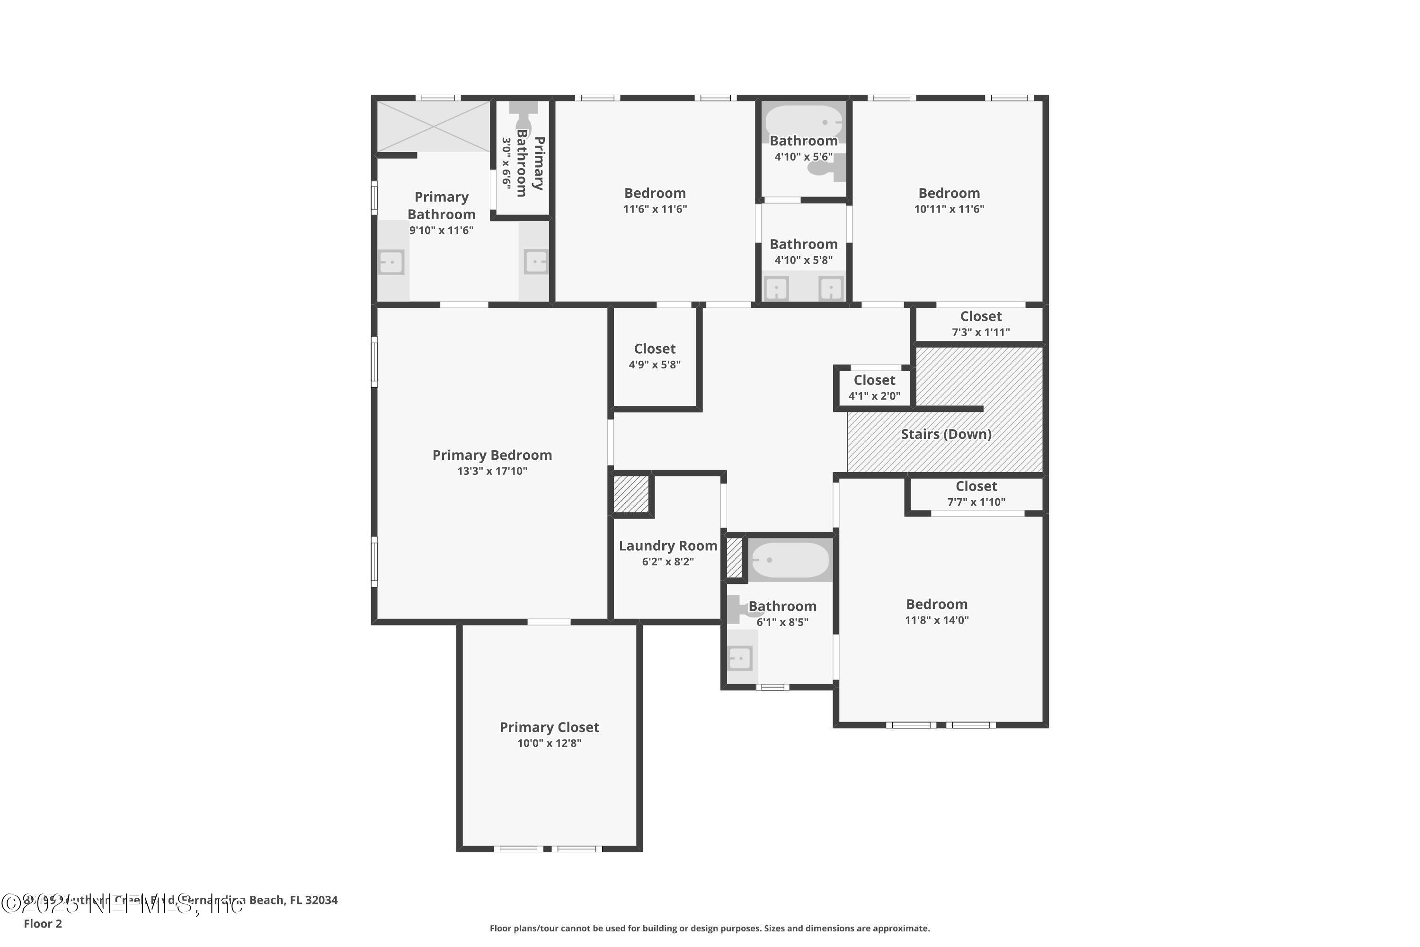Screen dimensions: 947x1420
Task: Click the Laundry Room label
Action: coord(668,546)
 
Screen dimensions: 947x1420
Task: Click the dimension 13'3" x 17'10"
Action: coord(492,471)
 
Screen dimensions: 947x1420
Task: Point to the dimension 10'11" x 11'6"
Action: coord(949,209)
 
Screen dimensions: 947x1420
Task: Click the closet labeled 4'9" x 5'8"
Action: coord(655,357)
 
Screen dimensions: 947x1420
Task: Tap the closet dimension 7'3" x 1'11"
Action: coord(980,332)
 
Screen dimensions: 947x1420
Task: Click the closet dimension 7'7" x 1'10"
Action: coord(976,502)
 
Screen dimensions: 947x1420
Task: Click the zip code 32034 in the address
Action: coord(321,900)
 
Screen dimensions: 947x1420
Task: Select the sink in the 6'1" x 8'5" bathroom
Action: coord(740,658)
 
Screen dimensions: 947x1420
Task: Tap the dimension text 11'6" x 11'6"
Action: coord(655,209)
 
